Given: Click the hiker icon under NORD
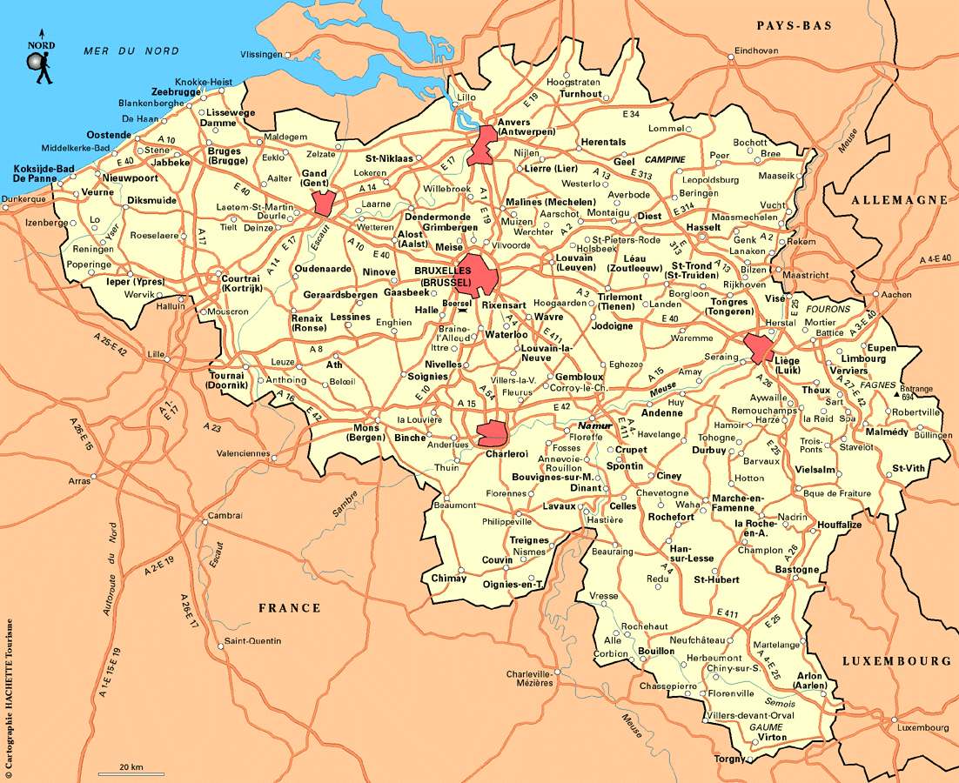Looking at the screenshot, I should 38,68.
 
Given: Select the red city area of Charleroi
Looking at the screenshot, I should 493,432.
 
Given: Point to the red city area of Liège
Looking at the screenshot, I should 759,348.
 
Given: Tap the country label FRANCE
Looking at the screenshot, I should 289,607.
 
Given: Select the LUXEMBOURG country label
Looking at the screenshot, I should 896,661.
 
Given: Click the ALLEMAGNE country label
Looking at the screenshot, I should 899,200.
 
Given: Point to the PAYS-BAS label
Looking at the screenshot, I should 794,26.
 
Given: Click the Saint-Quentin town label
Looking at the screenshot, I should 253,641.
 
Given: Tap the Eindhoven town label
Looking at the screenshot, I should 756,50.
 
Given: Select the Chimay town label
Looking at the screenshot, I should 449,579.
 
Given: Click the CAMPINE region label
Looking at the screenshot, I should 666,160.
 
